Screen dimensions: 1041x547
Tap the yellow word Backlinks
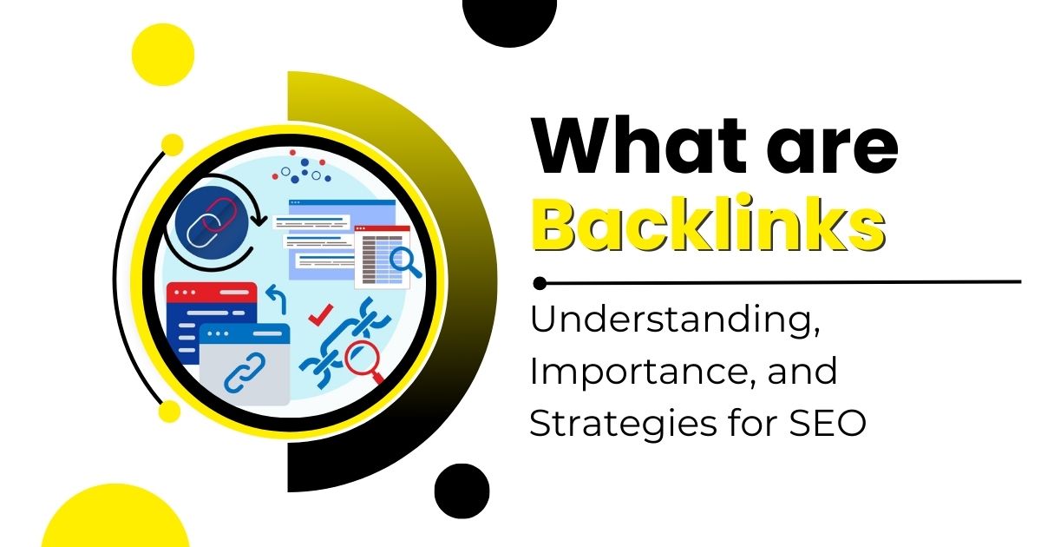(708, 223)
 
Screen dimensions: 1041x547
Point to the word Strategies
(622, 425)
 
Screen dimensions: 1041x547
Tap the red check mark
(321, 315)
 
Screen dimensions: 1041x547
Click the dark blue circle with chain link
(212, 222)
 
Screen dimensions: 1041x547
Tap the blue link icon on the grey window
(245, 372)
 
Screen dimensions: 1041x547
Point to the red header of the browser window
(212, 292)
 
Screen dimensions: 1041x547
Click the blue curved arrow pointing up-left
(277, 298)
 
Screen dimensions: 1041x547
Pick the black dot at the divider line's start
(540, 283)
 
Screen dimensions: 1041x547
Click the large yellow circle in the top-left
(163, 55)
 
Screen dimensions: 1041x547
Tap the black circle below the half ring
(462, 491)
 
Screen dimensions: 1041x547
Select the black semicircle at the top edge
(509, 21)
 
